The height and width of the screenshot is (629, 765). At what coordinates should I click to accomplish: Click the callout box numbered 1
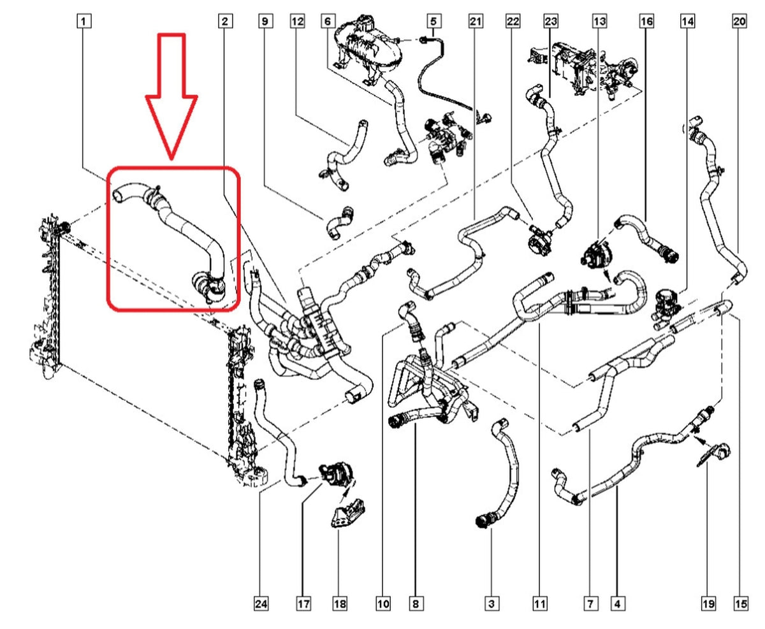84,21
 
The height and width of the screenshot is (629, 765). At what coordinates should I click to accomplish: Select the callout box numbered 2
225,21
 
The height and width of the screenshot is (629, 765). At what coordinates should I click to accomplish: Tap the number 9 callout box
265,21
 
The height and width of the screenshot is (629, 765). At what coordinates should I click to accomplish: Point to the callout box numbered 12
298,21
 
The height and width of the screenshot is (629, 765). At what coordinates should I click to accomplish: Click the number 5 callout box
433,21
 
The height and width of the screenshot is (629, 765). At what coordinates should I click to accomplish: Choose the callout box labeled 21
476,21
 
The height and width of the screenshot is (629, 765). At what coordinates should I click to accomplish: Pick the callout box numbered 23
550,21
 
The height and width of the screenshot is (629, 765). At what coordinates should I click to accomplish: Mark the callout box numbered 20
739,21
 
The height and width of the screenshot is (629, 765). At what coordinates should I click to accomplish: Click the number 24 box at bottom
261,604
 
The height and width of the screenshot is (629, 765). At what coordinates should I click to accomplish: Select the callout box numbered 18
340,604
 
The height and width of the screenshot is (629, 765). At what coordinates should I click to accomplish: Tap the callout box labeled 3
492,604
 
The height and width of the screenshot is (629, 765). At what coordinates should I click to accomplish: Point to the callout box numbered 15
741,604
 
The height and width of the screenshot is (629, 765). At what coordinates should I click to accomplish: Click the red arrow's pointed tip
171,159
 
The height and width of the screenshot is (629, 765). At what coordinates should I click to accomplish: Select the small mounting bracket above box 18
347,514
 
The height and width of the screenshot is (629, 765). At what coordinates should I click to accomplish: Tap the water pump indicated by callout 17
336,476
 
